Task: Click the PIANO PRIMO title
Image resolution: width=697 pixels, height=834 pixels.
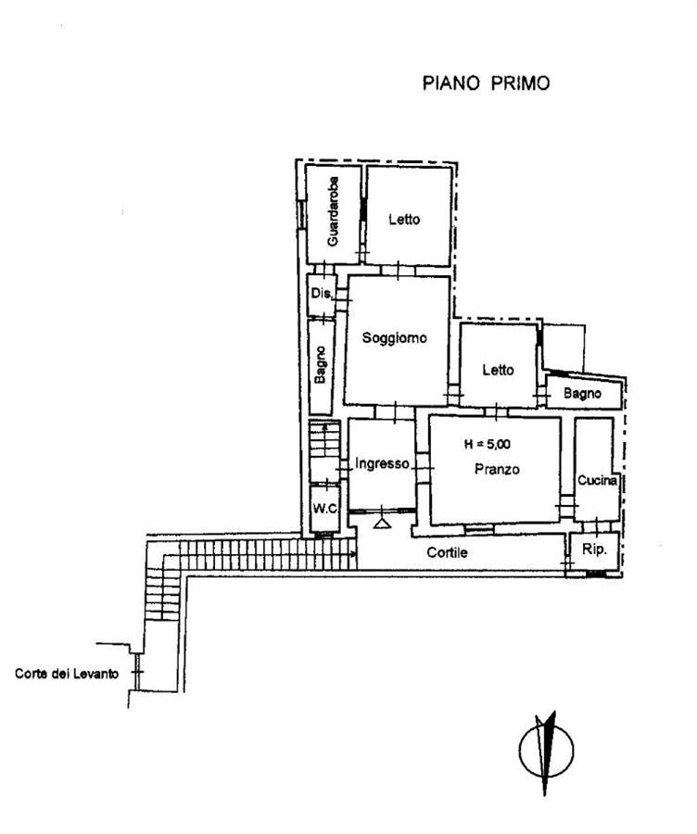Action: (x=486, y=83)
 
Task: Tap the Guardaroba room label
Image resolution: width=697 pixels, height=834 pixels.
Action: (x=333, y=211)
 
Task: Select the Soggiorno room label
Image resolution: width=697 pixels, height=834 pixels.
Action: (x=394, y=337)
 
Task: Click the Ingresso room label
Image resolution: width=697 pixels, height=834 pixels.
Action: (x=382, y=464)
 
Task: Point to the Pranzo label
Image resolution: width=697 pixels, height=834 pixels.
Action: (x=497, y=469)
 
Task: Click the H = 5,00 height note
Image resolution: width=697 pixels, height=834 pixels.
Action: (x=488, y=444)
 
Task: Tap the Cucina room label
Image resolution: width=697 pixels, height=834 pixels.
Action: (x=598, y=480)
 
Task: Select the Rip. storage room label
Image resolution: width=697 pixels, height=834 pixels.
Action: (x=594, y=549)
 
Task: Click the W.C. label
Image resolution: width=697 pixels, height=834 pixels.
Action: (x=325, y=509)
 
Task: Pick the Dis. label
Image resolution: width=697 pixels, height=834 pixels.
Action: (x=322, y=293)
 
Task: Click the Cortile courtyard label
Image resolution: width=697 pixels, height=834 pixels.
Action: (x=447, y=552)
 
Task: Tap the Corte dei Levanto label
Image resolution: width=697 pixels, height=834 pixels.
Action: (x=67, y=674)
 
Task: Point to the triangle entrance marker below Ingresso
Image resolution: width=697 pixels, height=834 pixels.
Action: (x=382, y=523)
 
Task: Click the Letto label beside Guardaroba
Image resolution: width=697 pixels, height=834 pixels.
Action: (x=404, y=219)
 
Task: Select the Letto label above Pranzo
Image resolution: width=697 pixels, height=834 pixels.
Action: (x=498, y=370)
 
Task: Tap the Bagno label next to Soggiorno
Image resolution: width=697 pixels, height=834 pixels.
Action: (x=321, y=364)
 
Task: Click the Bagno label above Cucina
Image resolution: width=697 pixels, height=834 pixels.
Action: (x=582, y=394)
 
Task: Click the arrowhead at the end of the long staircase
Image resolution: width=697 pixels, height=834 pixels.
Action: (x=353, y=554)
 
